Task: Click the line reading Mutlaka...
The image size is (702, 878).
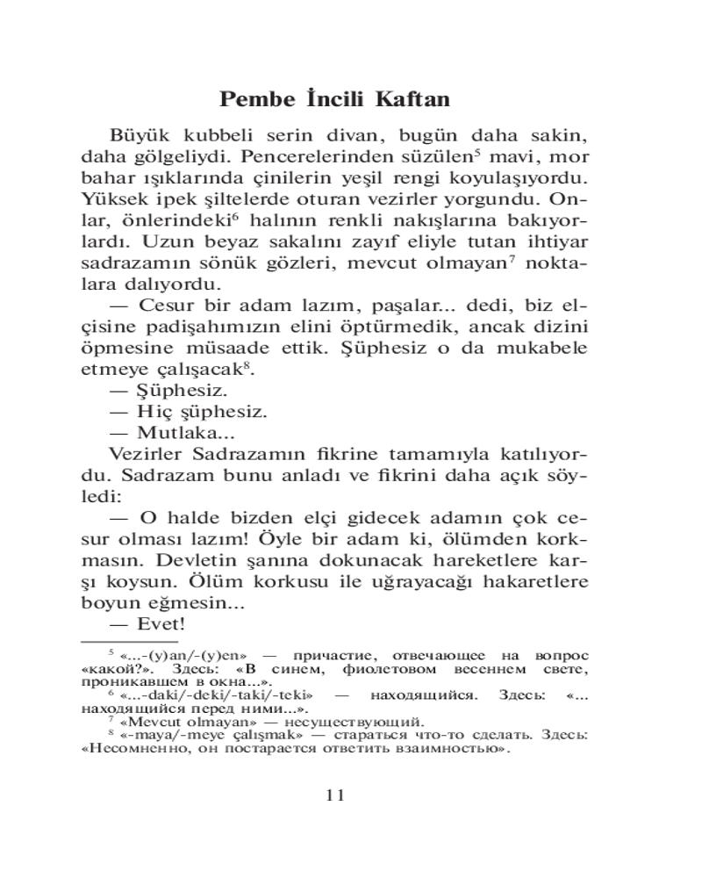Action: tap(174, 433)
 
